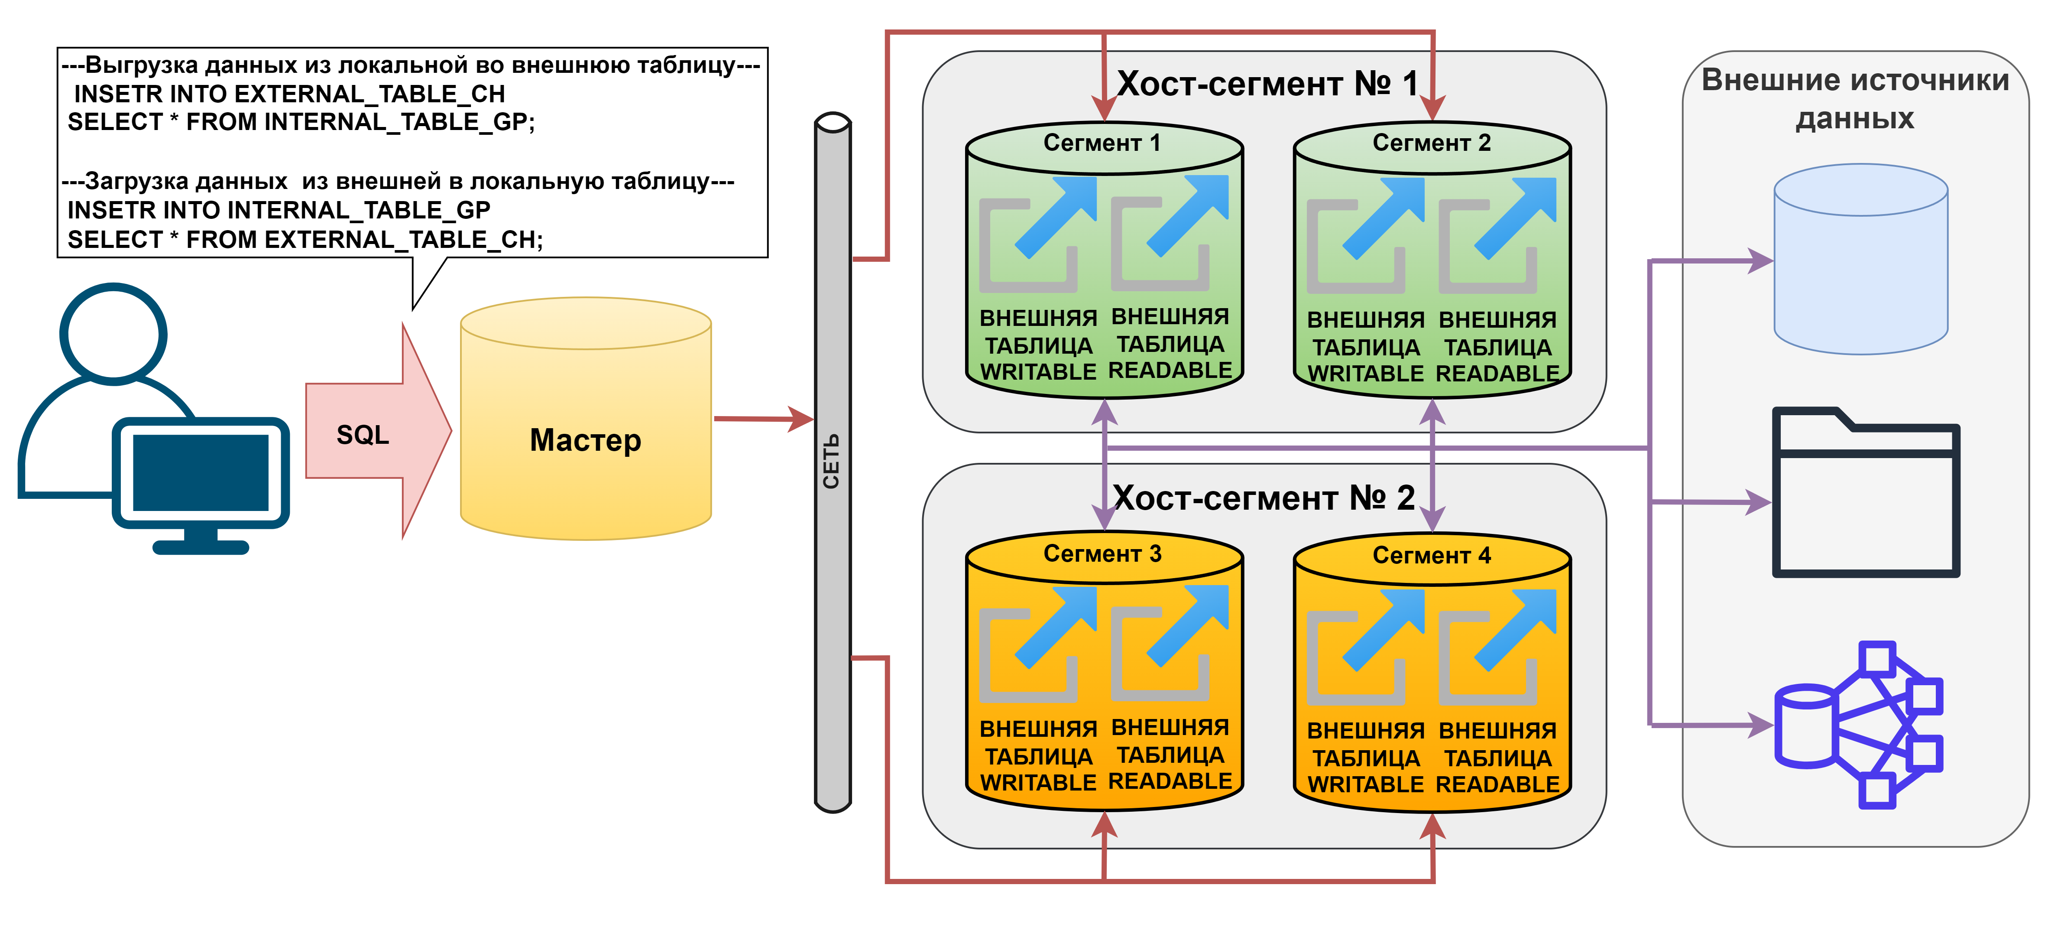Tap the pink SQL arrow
click(374, 433)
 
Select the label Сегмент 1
click(1102, 143)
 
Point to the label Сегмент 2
click(1431, 143)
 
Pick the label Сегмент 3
click(1102, 553)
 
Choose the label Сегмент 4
click(1431, 555)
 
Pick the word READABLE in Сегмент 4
click(1497, 784)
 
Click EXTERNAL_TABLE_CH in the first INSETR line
click(369, 94)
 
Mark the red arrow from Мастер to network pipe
click(763, 418)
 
